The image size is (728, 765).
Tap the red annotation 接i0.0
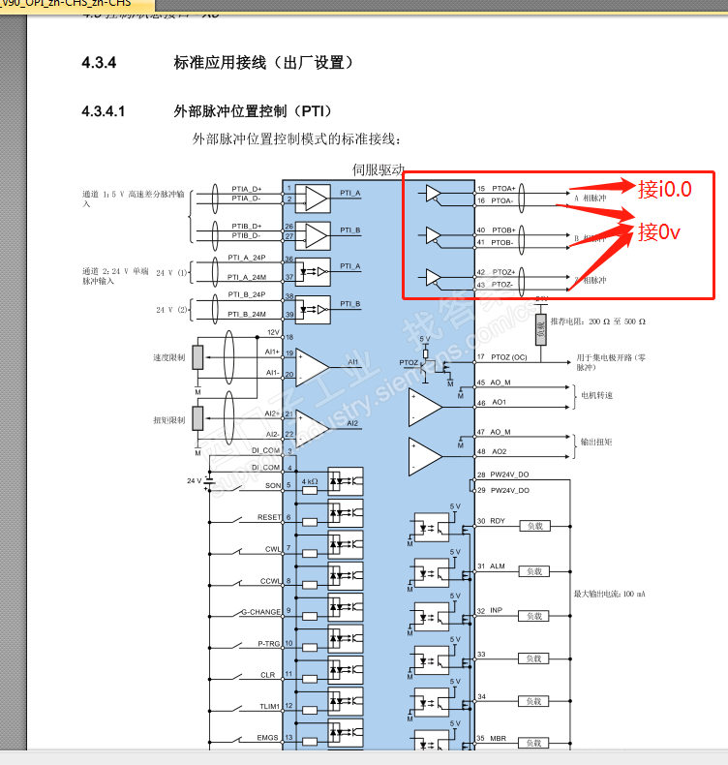(665, 189)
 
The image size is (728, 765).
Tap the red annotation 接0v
(659, 232)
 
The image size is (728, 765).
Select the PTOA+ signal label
(503, 188)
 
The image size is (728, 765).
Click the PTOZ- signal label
(503, 285)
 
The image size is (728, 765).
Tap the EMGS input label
(268, 737)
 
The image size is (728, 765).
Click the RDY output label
(497, 521)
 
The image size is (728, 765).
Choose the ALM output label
(497, 566)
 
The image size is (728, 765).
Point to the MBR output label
(498, 739)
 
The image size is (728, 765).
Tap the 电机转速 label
(596, 394)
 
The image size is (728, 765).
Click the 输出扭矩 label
(596, 442)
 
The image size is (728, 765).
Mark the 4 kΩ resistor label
(310, 481)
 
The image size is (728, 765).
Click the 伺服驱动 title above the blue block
(379, 169)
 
